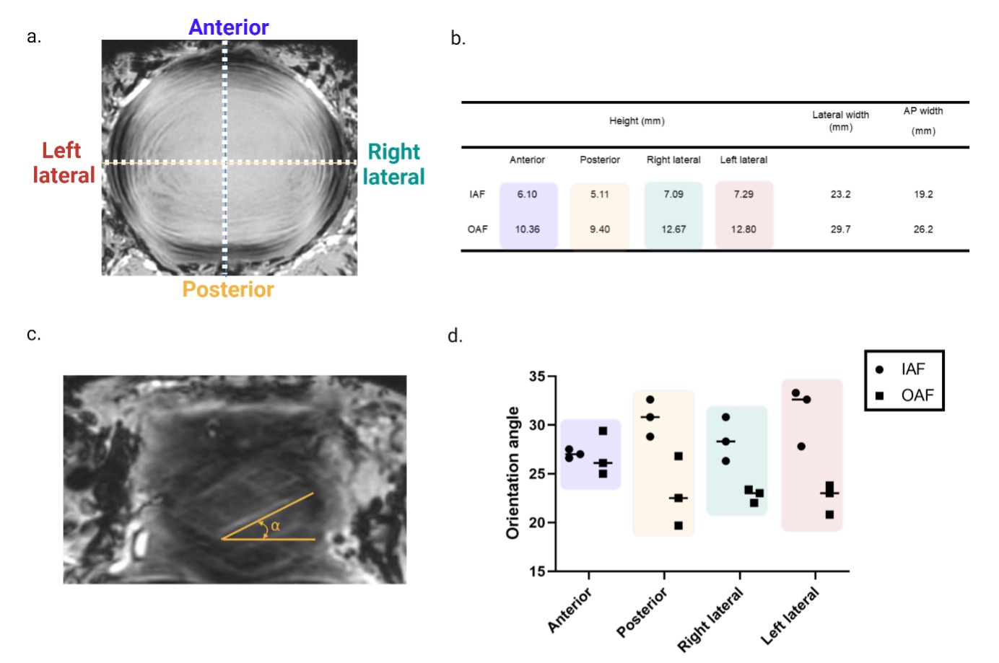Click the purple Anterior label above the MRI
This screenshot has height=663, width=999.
pos(228,27)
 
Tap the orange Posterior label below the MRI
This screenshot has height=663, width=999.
pos(228,289)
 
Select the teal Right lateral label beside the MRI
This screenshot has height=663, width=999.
pos(393,164)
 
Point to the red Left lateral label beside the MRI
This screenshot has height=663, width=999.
pos(64,162)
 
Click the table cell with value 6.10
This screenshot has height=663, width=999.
pos(527,194)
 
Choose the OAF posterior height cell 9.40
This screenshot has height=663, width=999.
pos(599,229)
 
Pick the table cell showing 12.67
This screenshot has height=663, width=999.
pos(673,229)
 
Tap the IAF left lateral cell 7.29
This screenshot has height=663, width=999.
pos(743,194)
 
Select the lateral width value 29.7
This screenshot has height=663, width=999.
pos(840,229)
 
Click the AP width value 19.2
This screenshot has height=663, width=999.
pos(923,194)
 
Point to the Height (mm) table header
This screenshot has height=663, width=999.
pos(637,121)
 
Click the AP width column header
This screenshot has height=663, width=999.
pos(923,120)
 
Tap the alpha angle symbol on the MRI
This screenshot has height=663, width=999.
pos(275,527)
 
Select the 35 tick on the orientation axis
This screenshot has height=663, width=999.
pos(537,377)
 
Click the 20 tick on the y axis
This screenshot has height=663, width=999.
pos(537,522)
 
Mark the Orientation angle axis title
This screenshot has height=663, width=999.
pos(513,473)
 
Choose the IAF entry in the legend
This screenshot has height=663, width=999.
pos(912,369)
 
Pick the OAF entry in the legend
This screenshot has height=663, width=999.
pos(917,395)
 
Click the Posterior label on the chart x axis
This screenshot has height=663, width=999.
pos(642,612)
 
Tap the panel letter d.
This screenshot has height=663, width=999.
pos(455,336)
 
